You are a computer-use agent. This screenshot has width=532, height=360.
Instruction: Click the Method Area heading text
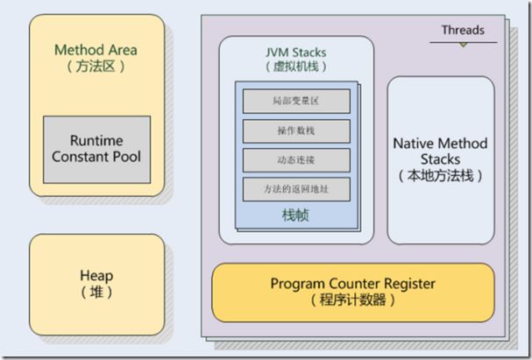coord(96,50)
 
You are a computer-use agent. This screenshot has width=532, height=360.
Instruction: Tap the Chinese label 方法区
coord(96,66)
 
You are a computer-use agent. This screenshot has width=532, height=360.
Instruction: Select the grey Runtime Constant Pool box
coord(96,150)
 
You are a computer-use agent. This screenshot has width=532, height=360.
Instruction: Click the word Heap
coord(96,276)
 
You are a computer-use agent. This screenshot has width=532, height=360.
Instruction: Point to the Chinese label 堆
coord(96,292)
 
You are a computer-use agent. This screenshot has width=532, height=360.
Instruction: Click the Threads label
coord(463,30)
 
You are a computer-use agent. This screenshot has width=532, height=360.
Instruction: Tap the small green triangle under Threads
coord(464,45)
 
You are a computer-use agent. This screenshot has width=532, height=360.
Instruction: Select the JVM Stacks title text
coord(296,53)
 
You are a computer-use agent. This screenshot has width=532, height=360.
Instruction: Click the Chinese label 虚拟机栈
coord(296,67)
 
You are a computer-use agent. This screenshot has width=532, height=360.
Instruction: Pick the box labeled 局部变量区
coord(296,101)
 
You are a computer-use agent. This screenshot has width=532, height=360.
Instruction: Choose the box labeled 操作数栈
coord(296,131)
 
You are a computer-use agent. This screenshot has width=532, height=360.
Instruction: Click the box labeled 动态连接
coord(296,160)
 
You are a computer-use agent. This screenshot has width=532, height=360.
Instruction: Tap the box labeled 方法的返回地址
coord(296,189)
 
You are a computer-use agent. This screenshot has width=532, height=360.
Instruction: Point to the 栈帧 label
coord(295,215)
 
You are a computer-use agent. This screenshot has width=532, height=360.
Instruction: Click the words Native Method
coord(440,144)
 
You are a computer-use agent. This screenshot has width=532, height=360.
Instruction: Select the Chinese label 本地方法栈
coord(440,176)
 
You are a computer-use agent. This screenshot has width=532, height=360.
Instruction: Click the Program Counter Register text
coord(353,284)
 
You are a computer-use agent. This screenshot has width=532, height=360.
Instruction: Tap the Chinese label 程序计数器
coord(353,300)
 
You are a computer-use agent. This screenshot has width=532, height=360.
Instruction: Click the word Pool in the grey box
coord(127,157)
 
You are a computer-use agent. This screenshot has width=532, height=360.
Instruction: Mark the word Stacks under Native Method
coord(440,159)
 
